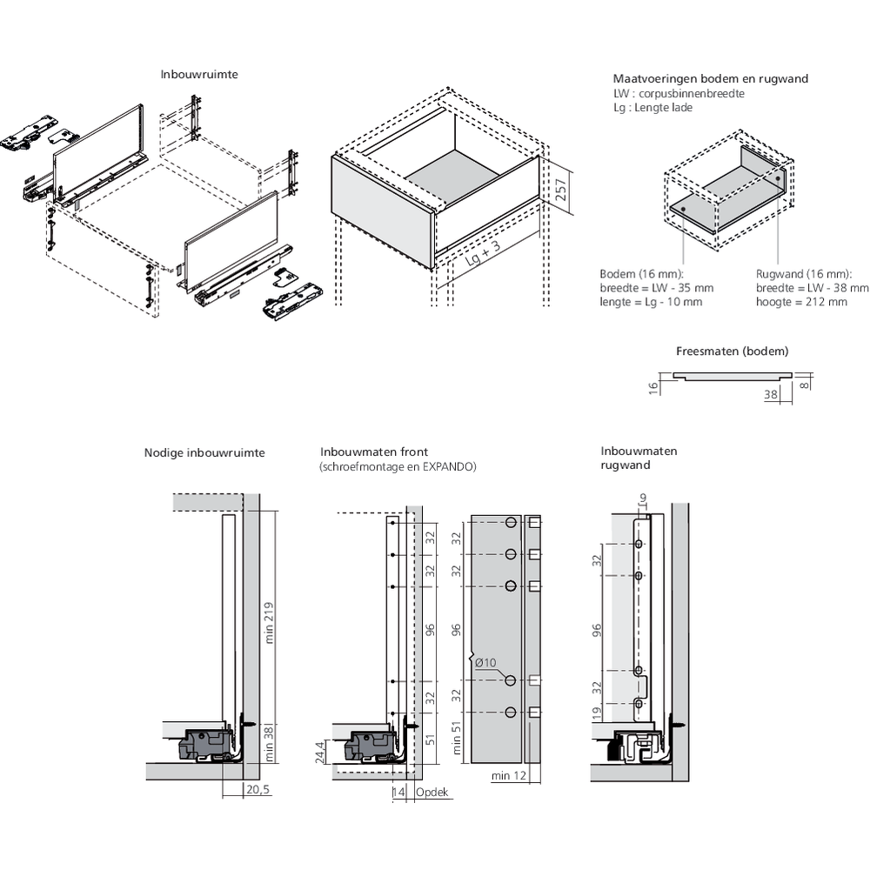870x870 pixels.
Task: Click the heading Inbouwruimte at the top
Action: (199, 75)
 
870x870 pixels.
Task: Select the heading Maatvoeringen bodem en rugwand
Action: (710, 78)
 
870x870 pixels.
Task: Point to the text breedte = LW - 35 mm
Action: (656, 288)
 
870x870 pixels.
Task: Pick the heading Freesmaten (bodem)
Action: (732, 352)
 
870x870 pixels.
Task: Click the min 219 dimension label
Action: (271, 621)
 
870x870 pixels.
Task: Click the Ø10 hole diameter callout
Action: (485, 663)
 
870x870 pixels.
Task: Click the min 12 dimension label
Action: (508, 776)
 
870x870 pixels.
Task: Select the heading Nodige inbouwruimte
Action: (204, 452)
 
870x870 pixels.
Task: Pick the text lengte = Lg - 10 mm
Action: (651, 302)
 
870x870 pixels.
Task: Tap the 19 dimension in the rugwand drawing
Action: (596, 713)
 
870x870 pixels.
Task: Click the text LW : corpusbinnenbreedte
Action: (679, 93)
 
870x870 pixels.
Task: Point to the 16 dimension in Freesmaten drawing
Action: (652, 386)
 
